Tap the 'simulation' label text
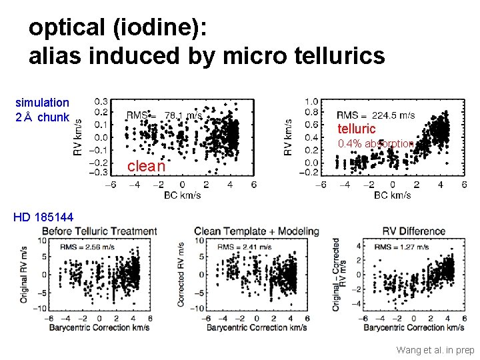(x=42, y=103)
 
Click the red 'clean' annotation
(x=146, y=165)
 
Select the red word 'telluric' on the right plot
(x=357, y=129)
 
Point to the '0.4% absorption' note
(x=376, y=144)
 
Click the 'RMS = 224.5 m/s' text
(x=375, y=115)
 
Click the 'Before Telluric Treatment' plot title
(x=100, y=231)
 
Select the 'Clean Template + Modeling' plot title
(x=257, y=231)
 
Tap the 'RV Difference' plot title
(x=413, y=231)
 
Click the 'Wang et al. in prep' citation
(x=435, y=349)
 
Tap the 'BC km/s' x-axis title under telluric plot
(x=393, y=195)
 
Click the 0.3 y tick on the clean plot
(x=101, y=101)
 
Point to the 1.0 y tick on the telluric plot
(x=311, y=101)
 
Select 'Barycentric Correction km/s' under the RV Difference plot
(x=414, y=328)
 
